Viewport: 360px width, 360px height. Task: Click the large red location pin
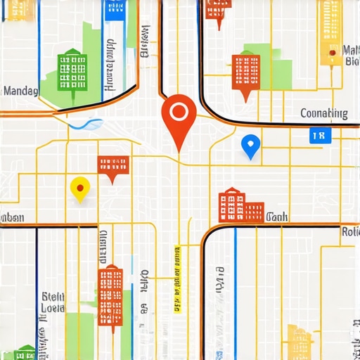pyautogui.click(x=179, y=114)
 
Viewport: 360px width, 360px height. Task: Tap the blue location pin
pyautogui.click(x=250, y=145)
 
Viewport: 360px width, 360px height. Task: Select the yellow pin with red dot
pyautogui.click(x=80, y=188)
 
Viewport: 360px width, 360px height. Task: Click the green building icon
pyautogui.click(x=72, y=70)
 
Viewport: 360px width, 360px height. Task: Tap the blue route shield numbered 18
pyautogui.click(x=319, y=136)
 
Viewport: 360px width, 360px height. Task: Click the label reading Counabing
pyautogui.click(x=323, y=113)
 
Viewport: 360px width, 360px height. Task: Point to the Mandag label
pyautogui.click(x=21, y=91)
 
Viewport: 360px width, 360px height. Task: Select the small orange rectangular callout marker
pyautogui.click(x=113, y=166)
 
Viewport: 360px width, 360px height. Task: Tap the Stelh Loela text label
pyautogui.click(x=53, y=302)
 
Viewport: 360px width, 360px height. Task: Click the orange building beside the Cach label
pyautogui.click(x=240, y=206)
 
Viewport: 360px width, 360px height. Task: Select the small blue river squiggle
pyautogui.click(x=86, y=124)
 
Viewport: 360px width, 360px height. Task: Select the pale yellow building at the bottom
pyautogui.click(x=299, y=342)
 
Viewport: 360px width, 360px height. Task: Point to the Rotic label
pyautogui.click(x=350, y=231)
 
